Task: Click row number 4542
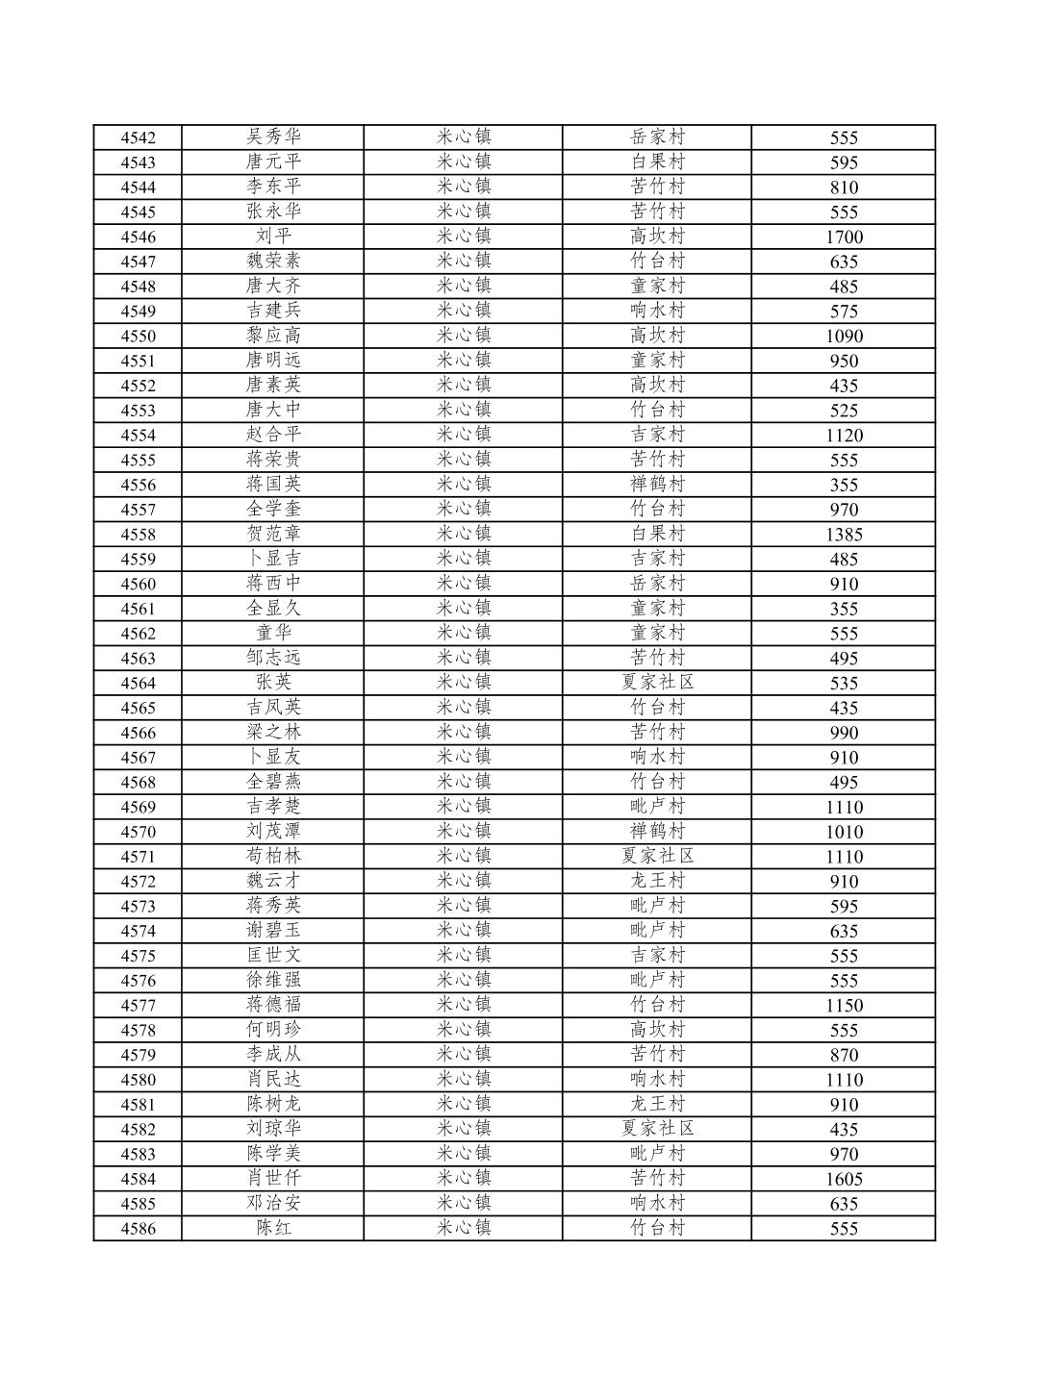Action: [x=138, y=137]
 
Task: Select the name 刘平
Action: [x=273, y=237]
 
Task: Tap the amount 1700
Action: [x=844, y=237]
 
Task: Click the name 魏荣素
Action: [x=273, y=262]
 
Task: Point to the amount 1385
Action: [x=844, y=535]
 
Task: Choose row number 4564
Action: [x=138, y=684]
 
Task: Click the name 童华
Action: [x=273, y=634]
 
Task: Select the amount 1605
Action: [x=844, y=1179]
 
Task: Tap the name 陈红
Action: [x=273, y=1229]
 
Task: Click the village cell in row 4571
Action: [x=657, y=857]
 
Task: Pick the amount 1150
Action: [x=844, y=1006]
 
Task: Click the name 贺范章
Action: [x=273, y=535]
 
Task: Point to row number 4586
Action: [x=138, y=1229]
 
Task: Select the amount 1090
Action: [x=844, y=337]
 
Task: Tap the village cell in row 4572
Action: [x=657, y=882]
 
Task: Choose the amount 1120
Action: [x=844, y=436]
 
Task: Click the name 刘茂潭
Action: [x=273, y=832]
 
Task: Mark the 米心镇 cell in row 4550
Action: [x=464, y=337]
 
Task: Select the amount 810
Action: [x=844, y=187]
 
